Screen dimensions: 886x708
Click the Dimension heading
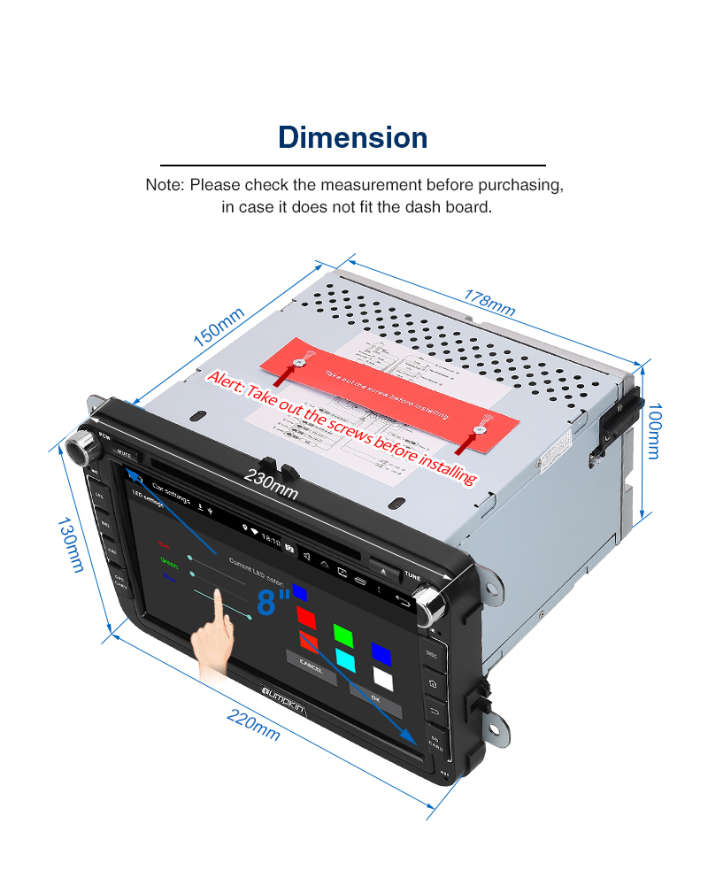coord(353,138)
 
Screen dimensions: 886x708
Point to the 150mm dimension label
coord(219,327)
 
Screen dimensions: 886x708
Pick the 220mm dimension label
coord(254,725)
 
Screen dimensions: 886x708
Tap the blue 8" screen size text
coord(274,600)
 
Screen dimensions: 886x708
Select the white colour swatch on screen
coord(383,677)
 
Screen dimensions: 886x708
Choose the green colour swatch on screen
coord(343,635)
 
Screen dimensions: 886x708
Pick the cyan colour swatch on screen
coord(345,660)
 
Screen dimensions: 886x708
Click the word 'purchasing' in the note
coord(521,186)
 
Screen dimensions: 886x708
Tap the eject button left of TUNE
coord(383,569)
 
